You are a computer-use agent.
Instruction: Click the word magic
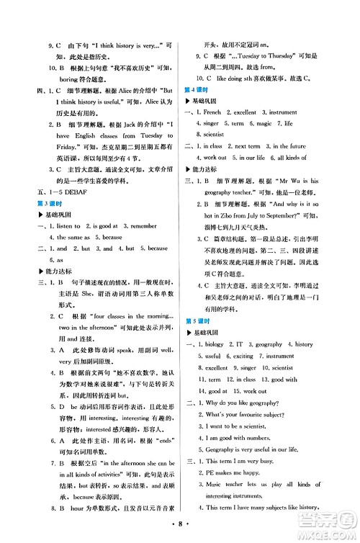coord(266,124)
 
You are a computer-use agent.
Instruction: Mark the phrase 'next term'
coord(248,146)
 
